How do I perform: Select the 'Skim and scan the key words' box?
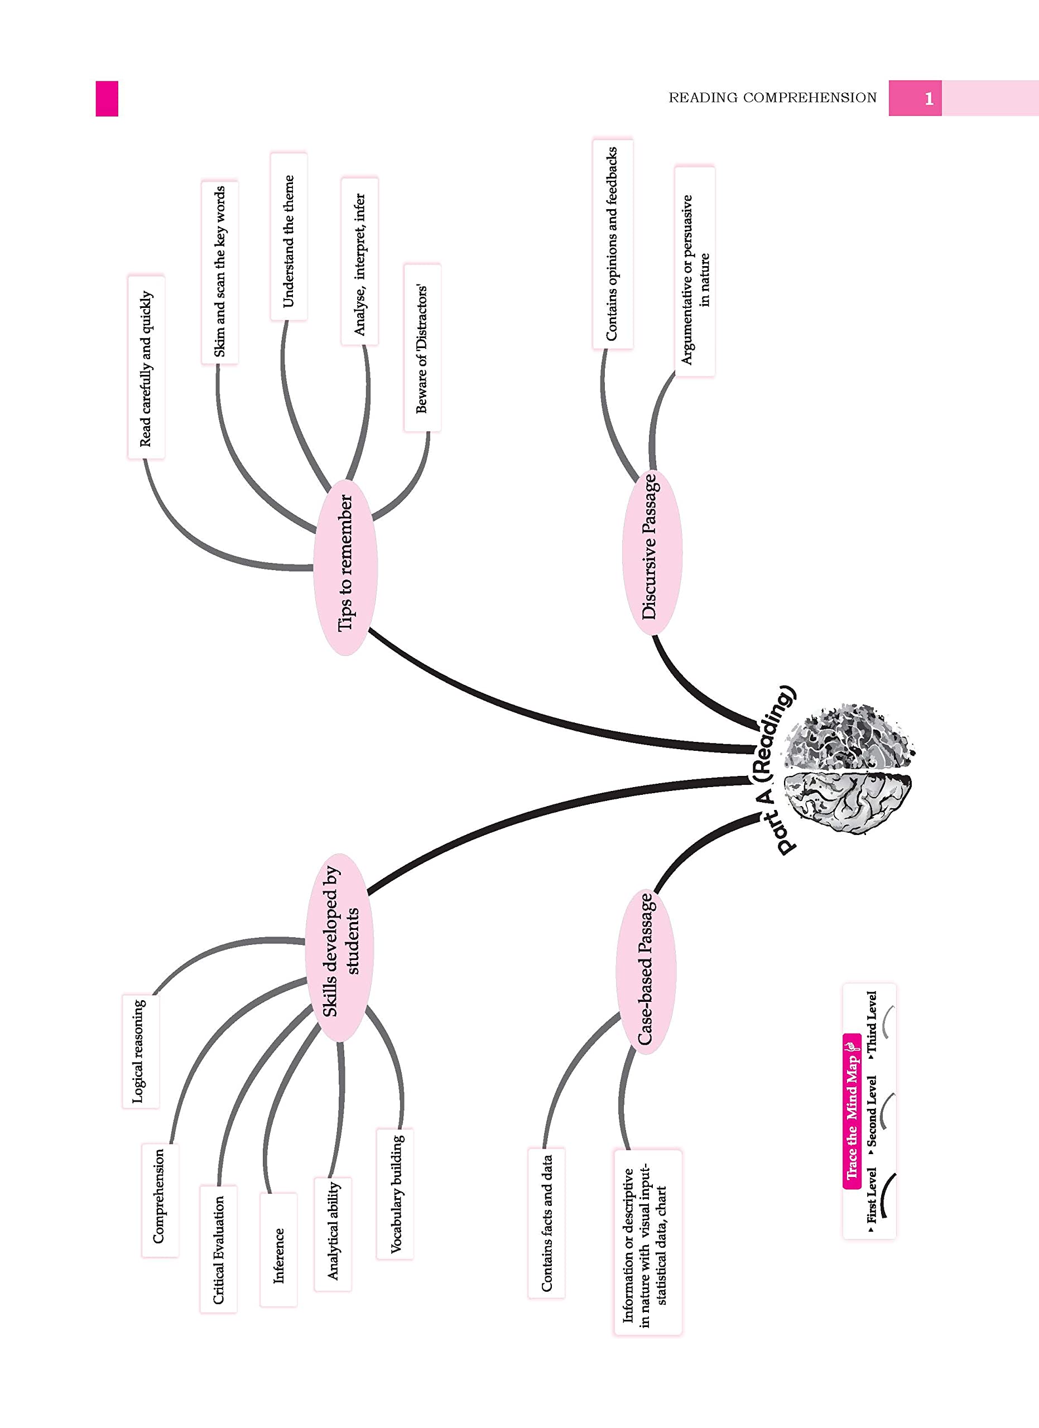220,272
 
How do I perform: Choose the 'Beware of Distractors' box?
422,348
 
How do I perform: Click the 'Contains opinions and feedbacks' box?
612,244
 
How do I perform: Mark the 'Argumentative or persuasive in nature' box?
695,273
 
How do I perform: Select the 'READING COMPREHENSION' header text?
772,98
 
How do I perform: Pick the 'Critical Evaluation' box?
218,1250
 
